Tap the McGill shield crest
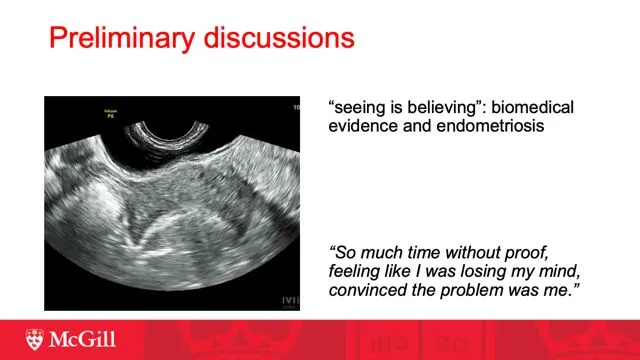tap(37, 341)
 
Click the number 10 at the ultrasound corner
tap(296, 105)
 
